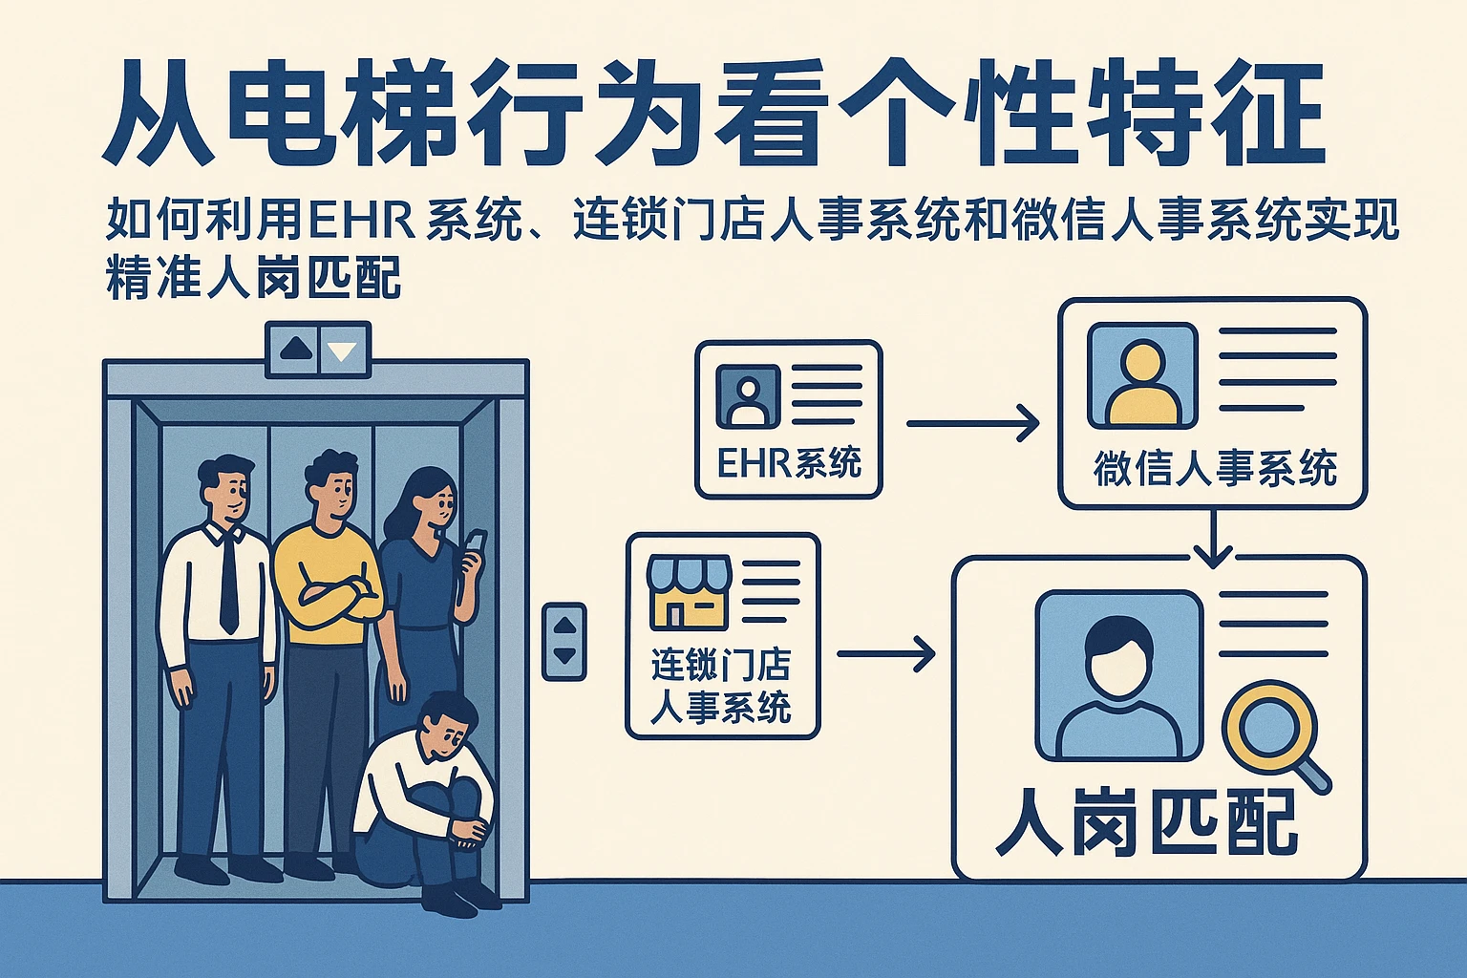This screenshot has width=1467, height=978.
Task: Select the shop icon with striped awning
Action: click(689, 591)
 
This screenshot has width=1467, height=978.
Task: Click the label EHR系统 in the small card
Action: click(789, 463)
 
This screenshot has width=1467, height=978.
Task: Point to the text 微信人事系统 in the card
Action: click(1214, 469)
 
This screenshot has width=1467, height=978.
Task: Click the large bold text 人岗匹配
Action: click(1146, 822)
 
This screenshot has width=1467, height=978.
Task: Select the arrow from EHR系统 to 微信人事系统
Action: click(971, 422)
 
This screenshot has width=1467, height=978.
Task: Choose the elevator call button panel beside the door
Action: click(564, 641)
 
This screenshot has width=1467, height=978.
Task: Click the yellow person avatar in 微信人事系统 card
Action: click(1143, 376)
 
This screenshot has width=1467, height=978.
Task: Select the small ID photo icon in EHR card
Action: click(749, 395)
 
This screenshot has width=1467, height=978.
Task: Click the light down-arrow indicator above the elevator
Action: click(342, 351)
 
